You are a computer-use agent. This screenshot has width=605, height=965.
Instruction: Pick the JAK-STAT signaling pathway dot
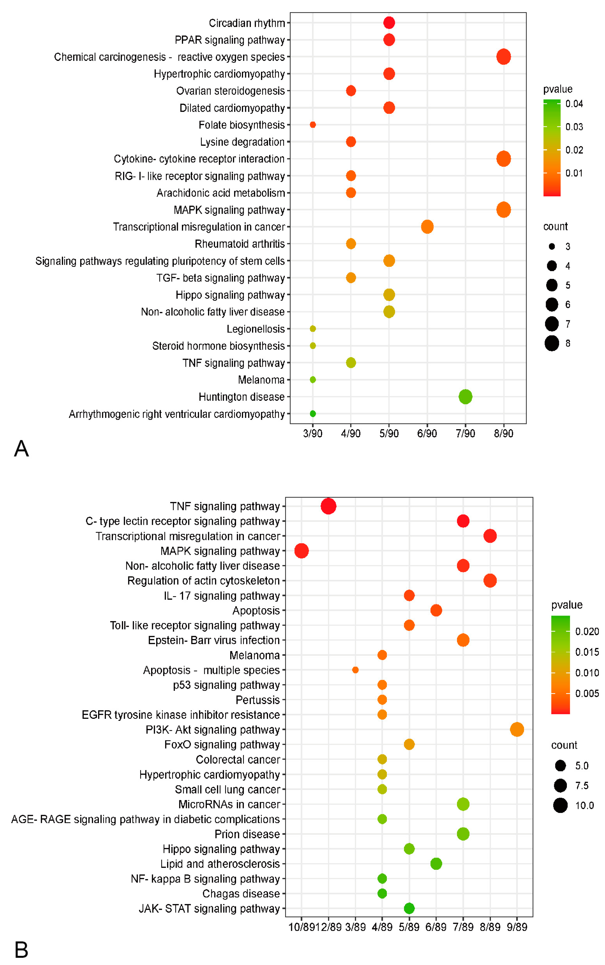409,908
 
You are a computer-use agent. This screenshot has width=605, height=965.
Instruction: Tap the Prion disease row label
247,834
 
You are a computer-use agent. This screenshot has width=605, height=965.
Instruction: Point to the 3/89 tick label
355,927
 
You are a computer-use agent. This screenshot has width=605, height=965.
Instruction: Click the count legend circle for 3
552,246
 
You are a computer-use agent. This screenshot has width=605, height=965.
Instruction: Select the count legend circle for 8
552,343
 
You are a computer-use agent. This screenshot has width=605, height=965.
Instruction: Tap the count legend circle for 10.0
560,805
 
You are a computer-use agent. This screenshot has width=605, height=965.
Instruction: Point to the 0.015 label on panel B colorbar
587,652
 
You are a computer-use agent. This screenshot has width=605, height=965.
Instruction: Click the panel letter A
21,448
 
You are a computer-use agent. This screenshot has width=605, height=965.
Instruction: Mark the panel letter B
21,949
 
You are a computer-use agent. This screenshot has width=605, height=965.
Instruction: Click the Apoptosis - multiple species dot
355,670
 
